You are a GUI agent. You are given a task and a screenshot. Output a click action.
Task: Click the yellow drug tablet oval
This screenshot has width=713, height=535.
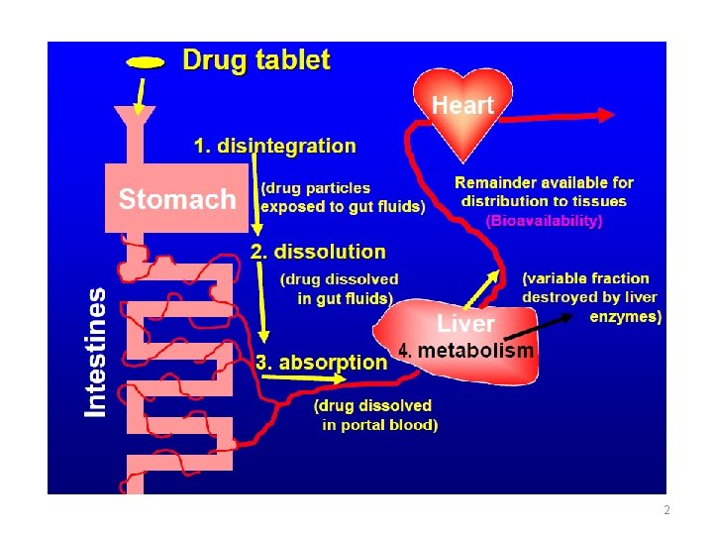(x=146, y=62)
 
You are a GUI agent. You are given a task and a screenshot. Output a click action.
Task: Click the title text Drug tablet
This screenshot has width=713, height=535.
(x=256, y=59)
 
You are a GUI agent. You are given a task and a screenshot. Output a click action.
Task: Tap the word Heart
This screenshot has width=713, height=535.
(x=462, y=104)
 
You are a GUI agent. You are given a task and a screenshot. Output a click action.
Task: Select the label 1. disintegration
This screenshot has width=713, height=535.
(x=274, y=147)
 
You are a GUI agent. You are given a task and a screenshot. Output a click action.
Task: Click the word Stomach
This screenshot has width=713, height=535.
(x=177, y=199)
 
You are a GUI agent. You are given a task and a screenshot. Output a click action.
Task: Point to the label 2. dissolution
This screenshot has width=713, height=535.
(x=317, y=252)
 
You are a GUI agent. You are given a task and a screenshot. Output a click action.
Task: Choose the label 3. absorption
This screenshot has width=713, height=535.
(x=321, y=362)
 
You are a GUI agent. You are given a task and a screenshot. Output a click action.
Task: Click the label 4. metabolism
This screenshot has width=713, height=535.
(x=465, y=351)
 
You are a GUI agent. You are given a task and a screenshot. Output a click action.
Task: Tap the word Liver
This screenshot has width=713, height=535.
(x=465, y=323)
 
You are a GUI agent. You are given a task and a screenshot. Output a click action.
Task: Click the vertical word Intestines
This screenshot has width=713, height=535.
(x=95, y=352)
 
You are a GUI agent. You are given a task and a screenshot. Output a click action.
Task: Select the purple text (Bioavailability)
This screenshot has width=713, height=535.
(x=544, y=222)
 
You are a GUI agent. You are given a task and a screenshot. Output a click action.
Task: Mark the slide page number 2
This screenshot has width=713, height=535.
(x=666, y=510)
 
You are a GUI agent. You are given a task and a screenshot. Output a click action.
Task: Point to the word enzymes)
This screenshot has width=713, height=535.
(x=626, y=316)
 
